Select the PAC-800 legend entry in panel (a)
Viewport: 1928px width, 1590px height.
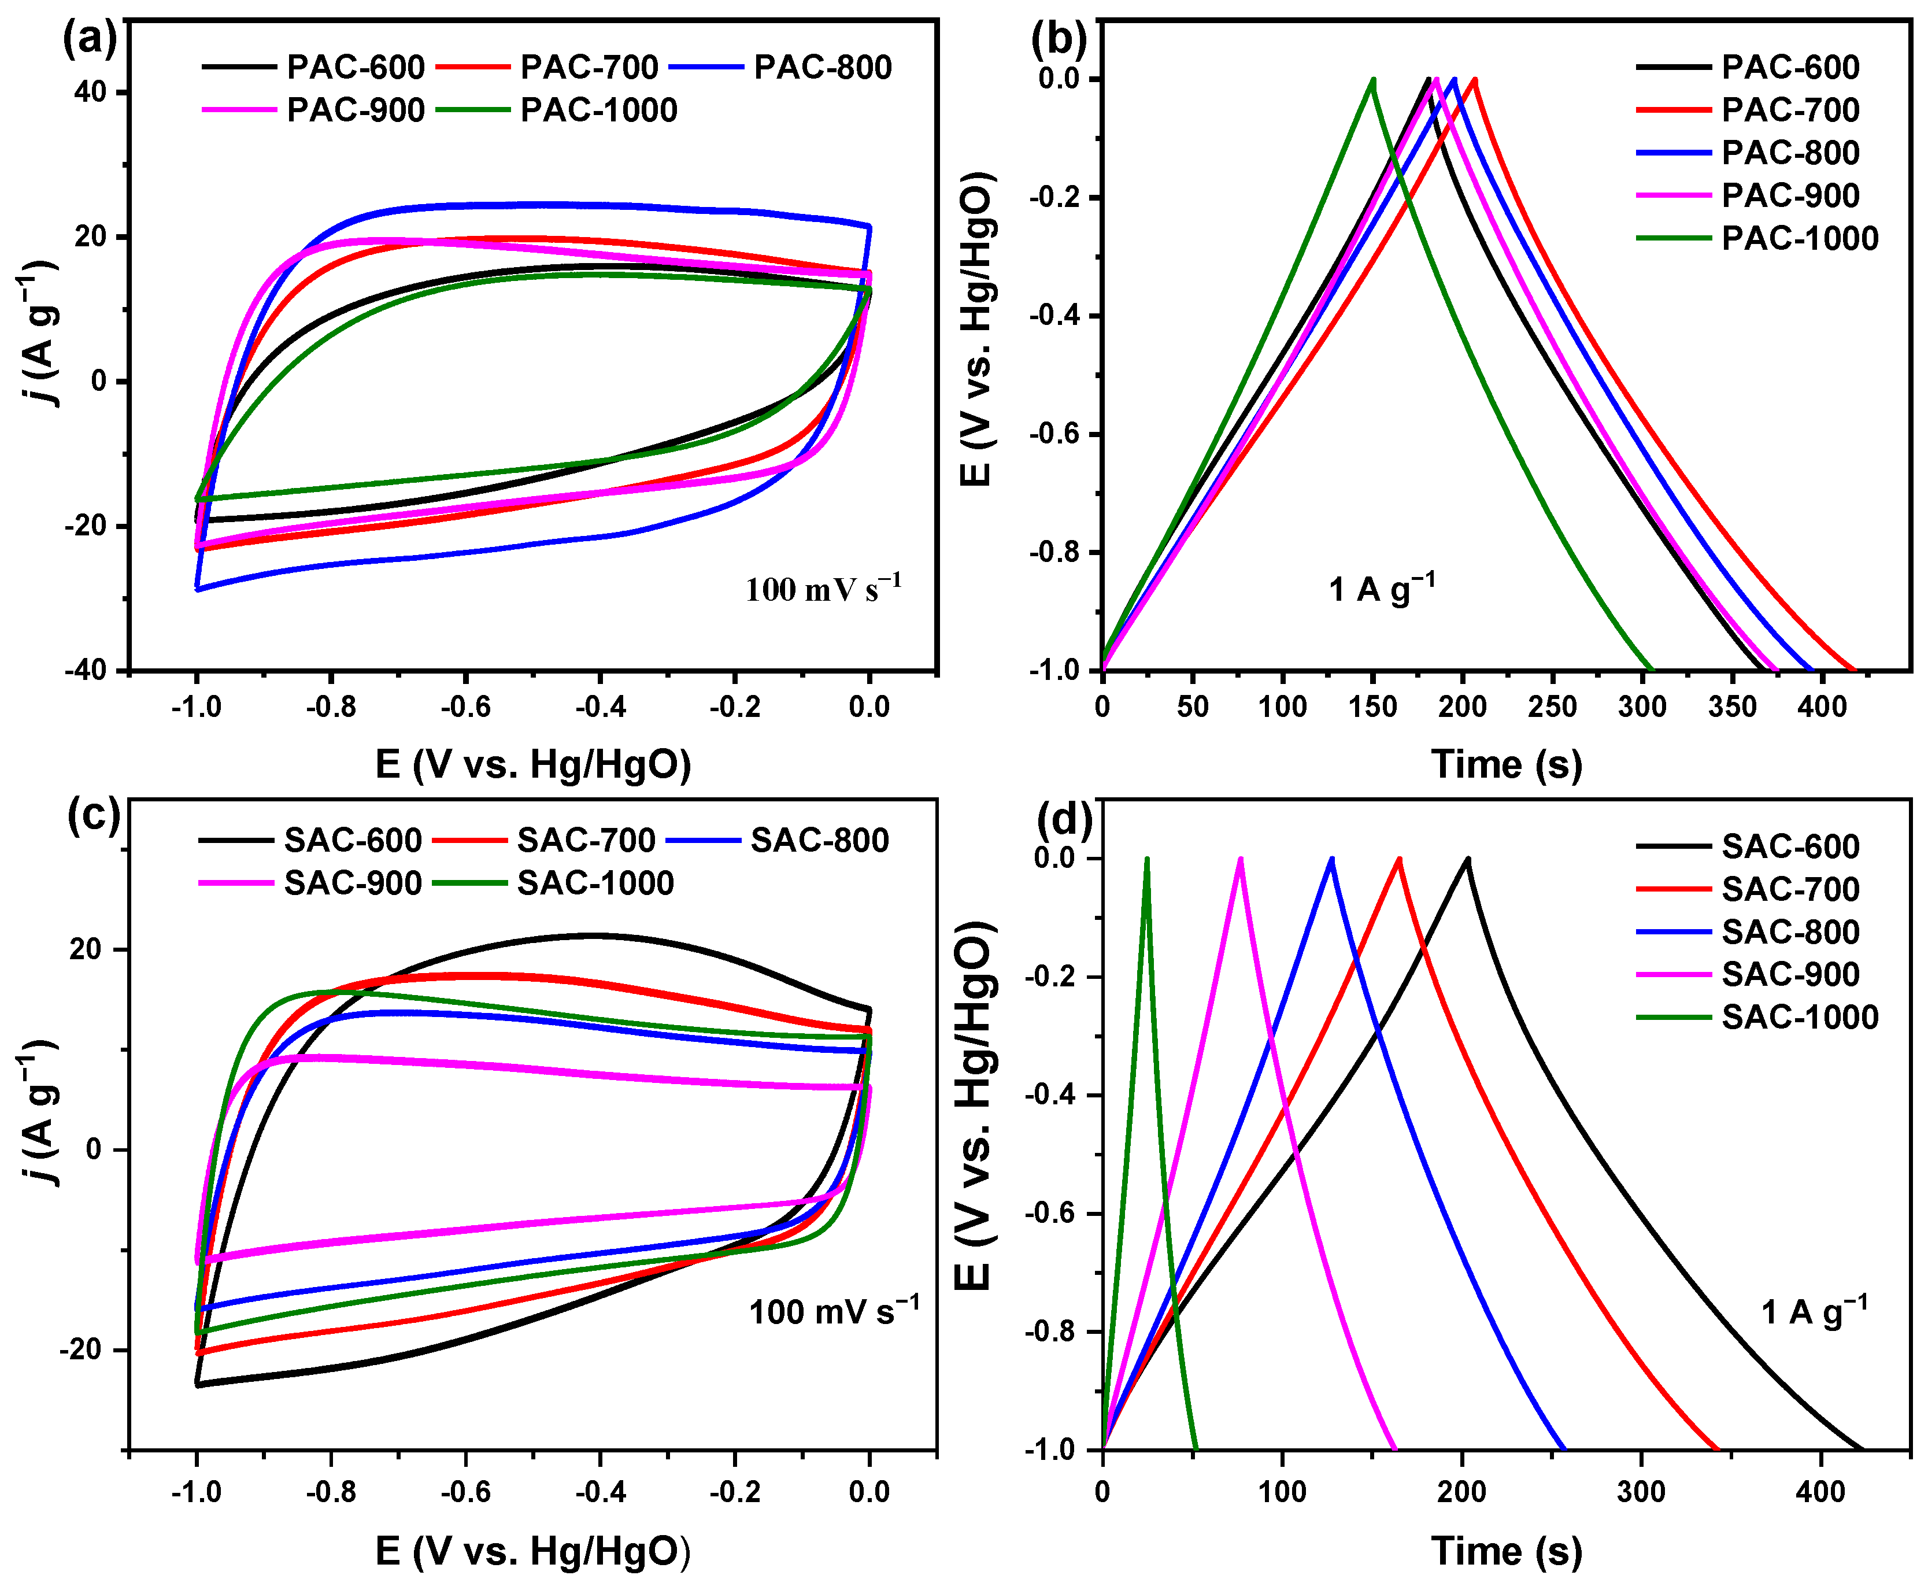point(821,67)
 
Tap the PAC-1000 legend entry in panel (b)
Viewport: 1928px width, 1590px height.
point(1799,238)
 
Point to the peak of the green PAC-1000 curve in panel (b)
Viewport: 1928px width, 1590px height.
point(1372,80)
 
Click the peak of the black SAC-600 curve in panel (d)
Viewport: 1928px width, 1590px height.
point(1467,860)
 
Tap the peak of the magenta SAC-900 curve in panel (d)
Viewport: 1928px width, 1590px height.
point(1240,860)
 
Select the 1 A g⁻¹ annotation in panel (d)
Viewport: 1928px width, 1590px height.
point(1814,1311)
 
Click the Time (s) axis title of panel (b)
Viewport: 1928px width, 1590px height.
point(1506,764)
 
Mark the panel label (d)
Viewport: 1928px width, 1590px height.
point(1063,818)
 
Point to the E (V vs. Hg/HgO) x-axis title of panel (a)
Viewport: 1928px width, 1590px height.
point(533,764)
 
